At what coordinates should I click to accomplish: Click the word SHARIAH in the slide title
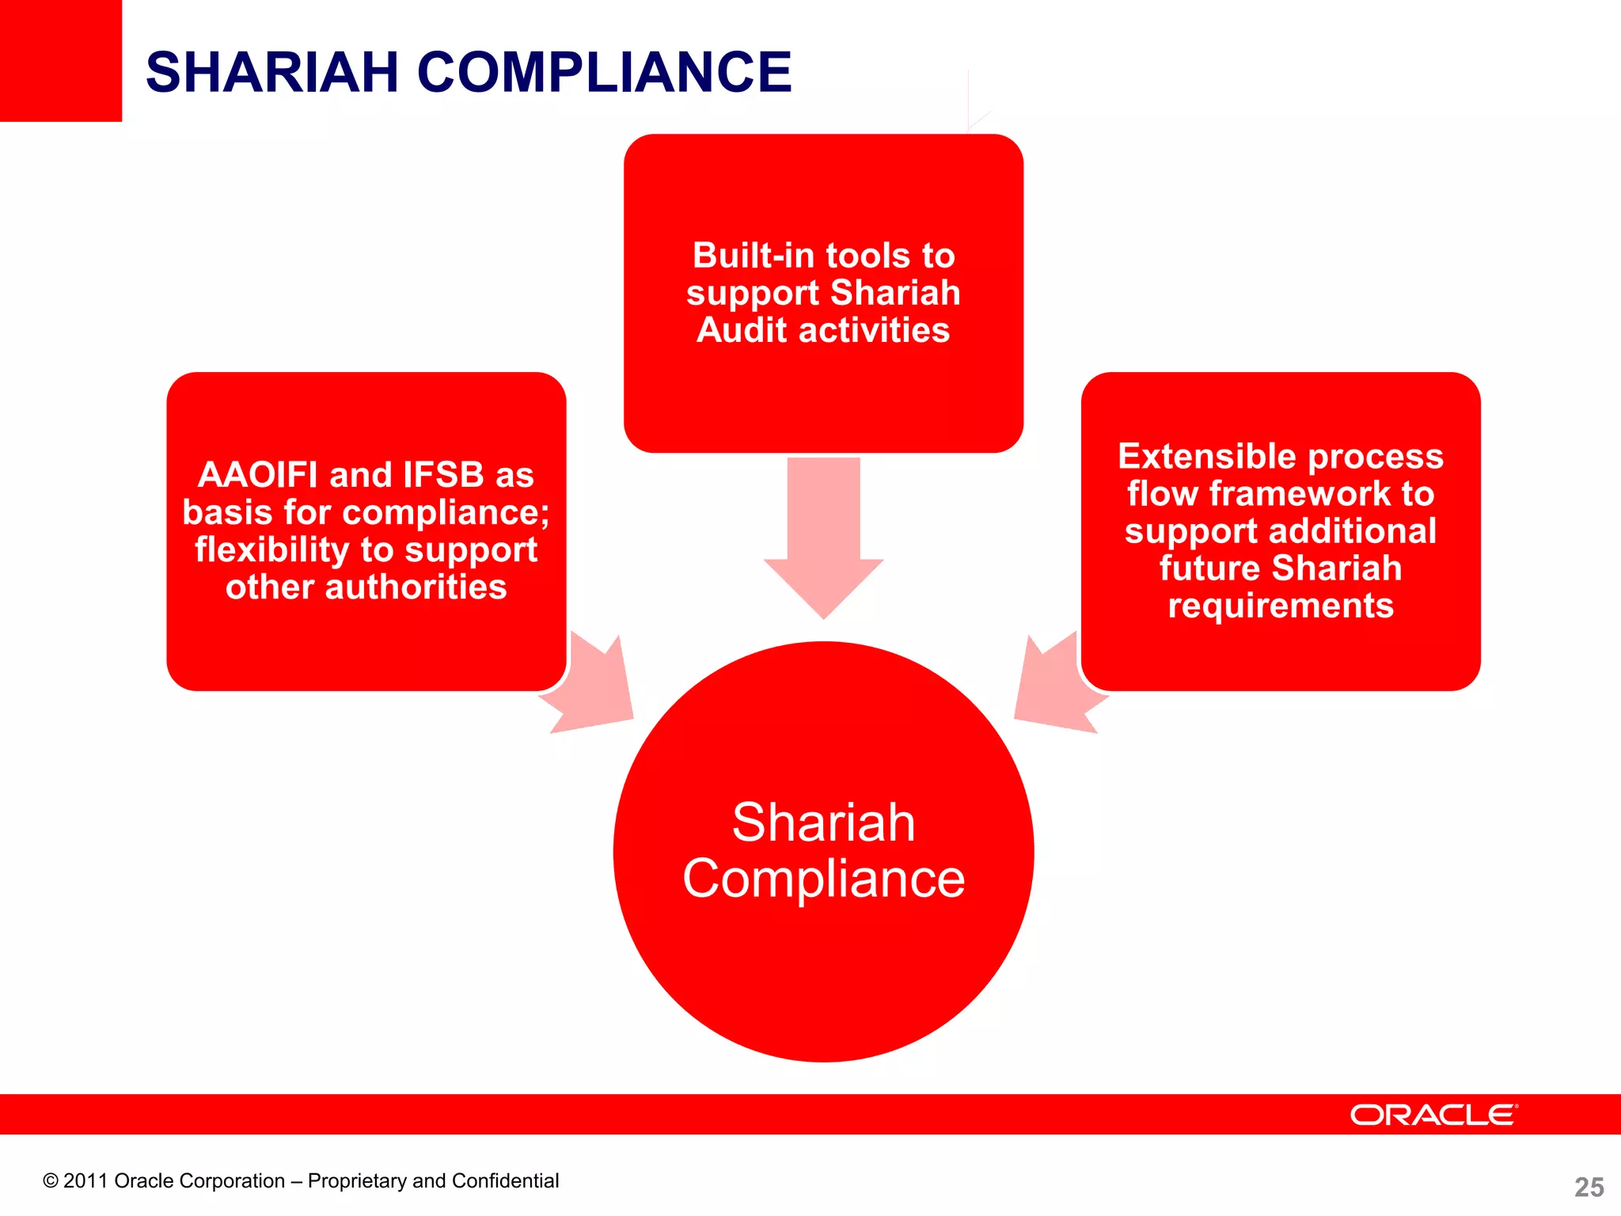tap(271, 73)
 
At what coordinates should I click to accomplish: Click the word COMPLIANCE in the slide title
tap(604, 73)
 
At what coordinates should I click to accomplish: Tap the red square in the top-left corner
tap(60, 60)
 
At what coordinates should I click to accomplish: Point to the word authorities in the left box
tap(416, 587)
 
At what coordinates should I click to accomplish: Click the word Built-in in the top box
tap(755, 256)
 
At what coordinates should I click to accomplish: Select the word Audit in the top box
tap(742, 330)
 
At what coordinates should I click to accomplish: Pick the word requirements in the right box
tap(1281, 606)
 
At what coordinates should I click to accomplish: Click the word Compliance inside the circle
tap(823, 879)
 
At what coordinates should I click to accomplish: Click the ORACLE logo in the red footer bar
tap(1433, 1115)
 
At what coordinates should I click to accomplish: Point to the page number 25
tap(1589, 1187)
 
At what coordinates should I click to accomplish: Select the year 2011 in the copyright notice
tap(85, 1181)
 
